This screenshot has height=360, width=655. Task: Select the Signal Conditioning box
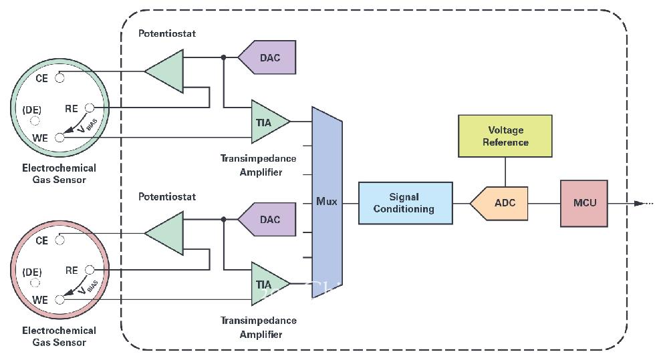[x=405, y=203]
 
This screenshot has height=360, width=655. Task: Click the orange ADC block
[x=501, y=203]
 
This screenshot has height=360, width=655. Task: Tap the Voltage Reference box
[x=505, y=136]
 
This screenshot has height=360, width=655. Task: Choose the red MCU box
[x=583, y=203]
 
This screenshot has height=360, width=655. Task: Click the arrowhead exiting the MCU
[x=638, y=203]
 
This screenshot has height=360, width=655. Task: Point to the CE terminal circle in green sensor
[x=59, y=78]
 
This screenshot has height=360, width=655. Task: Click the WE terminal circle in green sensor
[x=59, y=138]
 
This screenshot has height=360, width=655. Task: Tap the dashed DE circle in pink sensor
[x=35, y=284]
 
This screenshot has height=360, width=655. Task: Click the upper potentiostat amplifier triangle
[x=165, y=71]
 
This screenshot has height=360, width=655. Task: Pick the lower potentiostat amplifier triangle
[x=165, y=233]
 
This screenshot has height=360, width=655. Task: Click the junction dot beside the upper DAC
[x=224, y=57]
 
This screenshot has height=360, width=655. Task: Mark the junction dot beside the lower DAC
[x=224, y=219]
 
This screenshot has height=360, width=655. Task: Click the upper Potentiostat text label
[x=167, y=33]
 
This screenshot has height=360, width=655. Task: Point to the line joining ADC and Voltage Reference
[x=505, y=171]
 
